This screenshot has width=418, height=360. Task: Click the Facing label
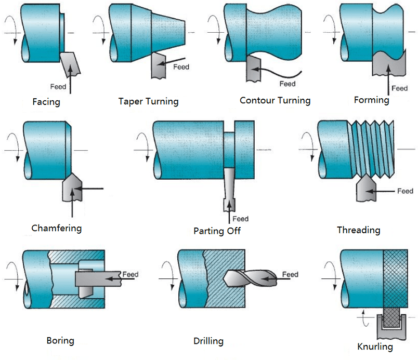pos(46,102)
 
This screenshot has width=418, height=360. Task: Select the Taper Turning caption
pos(148,101)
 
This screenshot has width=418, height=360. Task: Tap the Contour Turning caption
pos(275,100)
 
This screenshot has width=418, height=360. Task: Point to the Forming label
pos(371,100)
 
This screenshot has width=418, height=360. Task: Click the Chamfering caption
pos(56,228)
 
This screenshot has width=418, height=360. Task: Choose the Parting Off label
pos(217,231)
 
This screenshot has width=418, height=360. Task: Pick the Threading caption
pos(358,230)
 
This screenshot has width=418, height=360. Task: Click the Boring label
pos(60,341)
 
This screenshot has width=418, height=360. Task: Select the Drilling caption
pos(208,341)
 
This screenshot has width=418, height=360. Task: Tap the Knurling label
pos(375,346)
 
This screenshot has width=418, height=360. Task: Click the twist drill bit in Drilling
pos(247,279)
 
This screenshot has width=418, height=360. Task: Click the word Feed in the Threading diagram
pos(405,191)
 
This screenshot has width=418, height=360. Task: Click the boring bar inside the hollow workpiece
pos(96,279)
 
